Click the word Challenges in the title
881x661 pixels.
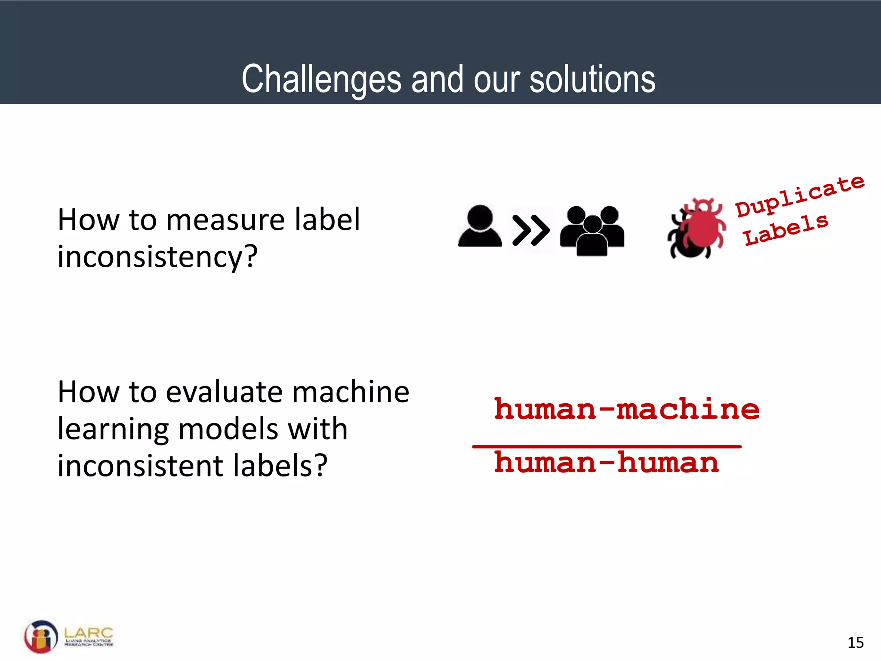(321, 79)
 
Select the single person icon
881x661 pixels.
(480, 227)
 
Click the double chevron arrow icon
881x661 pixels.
(531, 230)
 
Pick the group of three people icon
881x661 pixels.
(592, 231)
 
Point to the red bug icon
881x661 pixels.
(697, 228)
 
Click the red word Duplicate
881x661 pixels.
(799, 196)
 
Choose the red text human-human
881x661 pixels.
(607, 463)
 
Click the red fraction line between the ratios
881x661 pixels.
(607, 447)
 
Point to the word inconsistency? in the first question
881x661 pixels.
(157, 256)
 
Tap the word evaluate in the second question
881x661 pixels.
(224, 392)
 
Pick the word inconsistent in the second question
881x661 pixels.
(141, 466)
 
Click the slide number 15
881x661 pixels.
(855, 642)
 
